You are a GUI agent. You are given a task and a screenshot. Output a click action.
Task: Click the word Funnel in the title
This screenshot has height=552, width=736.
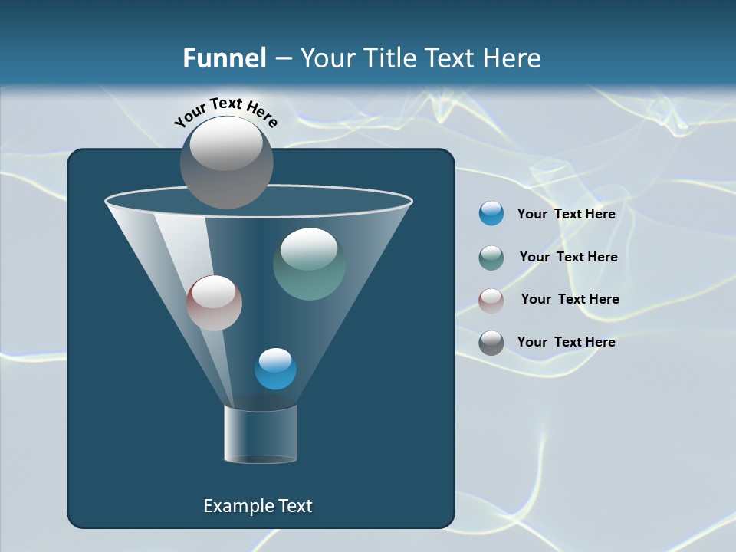tap(225, 58)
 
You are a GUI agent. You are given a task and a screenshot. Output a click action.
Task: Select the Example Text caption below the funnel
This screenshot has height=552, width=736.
tap(258, 506)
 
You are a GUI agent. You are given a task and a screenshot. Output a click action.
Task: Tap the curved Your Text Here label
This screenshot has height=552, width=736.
tap(226, 111)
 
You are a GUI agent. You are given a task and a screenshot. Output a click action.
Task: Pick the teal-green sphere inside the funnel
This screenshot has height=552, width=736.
tap(309, 264)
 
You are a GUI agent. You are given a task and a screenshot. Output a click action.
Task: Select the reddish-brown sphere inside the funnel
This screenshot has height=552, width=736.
tap(214, 303)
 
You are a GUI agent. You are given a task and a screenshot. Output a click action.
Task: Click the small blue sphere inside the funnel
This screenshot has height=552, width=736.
tap(275, 369)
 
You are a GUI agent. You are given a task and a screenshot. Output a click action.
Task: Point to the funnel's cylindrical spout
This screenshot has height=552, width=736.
tap(261, 434)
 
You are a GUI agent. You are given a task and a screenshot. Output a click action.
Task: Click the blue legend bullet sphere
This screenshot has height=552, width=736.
tap(491, 214)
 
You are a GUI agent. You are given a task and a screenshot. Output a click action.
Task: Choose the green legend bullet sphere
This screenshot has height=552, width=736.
tap(491, 258)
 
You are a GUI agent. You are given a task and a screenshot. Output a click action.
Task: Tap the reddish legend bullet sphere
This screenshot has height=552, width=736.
tap(491, 301)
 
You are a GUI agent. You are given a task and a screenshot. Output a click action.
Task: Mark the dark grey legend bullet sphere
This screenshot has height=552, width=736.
tap(491, 343)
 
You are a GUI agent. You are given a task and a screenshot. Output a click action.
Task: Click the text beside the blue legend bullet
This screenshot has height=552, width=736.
tap(566, 214)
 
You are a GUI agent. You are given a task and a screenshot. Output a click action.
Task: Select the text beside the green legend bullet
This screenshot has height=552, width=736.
tap(568, 257)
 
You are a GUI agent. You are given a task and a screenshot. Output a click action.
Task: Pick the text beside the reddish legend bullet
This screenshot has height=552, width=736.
tap(570, 299)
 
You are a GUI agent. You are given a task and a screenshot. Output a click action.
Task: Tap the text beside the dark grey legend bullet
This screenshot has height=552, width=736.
tap(566, 342)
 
